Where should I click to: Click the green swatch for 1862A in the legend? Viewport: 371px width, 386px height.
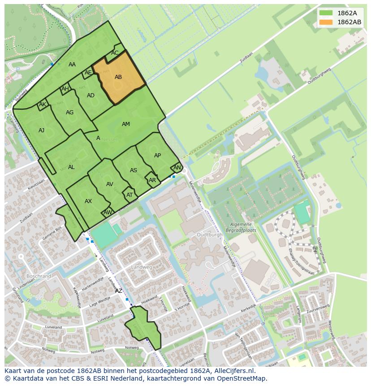coord(326,13)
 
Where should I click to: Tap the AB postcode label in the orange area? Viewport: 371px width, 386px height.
coord(118,77)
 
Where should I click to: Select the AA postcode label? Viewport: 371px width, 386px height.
coord(72,65)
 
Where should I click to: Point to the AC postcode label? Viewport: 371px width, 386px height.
coord(115,53)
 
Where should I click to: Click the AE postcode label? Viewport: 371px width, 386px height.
coord(88,73)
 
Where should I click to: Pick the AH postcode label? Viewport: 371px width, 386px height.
coord(65,89)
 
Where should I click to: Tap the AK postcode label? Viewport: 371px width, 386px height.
coord(43,105)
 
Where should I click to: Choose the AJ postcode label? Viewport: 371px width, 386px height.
coord(41,130)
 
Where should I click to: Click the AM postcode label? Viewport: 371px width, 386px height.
coord(126,124)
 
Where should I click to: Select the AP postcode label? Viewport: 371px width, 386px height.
coord(157,156)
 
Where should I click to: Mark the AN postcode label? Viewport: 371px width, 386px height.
coord(177,168)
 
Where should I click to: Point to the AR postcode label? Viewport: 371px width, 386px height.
coord(152,180)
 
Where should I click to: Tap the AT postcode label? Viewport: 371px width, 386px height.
coord(129,195)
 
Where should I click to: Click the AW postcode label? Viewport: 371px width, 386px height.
coord(108,212)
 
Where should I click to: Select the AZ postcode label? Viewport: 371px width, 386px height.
coord(119,291)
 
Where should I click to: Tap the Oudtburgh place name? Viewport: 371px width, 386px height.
coord(209,234)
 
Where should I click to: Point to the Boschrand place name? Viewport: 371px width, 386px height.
coord(39,276)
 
